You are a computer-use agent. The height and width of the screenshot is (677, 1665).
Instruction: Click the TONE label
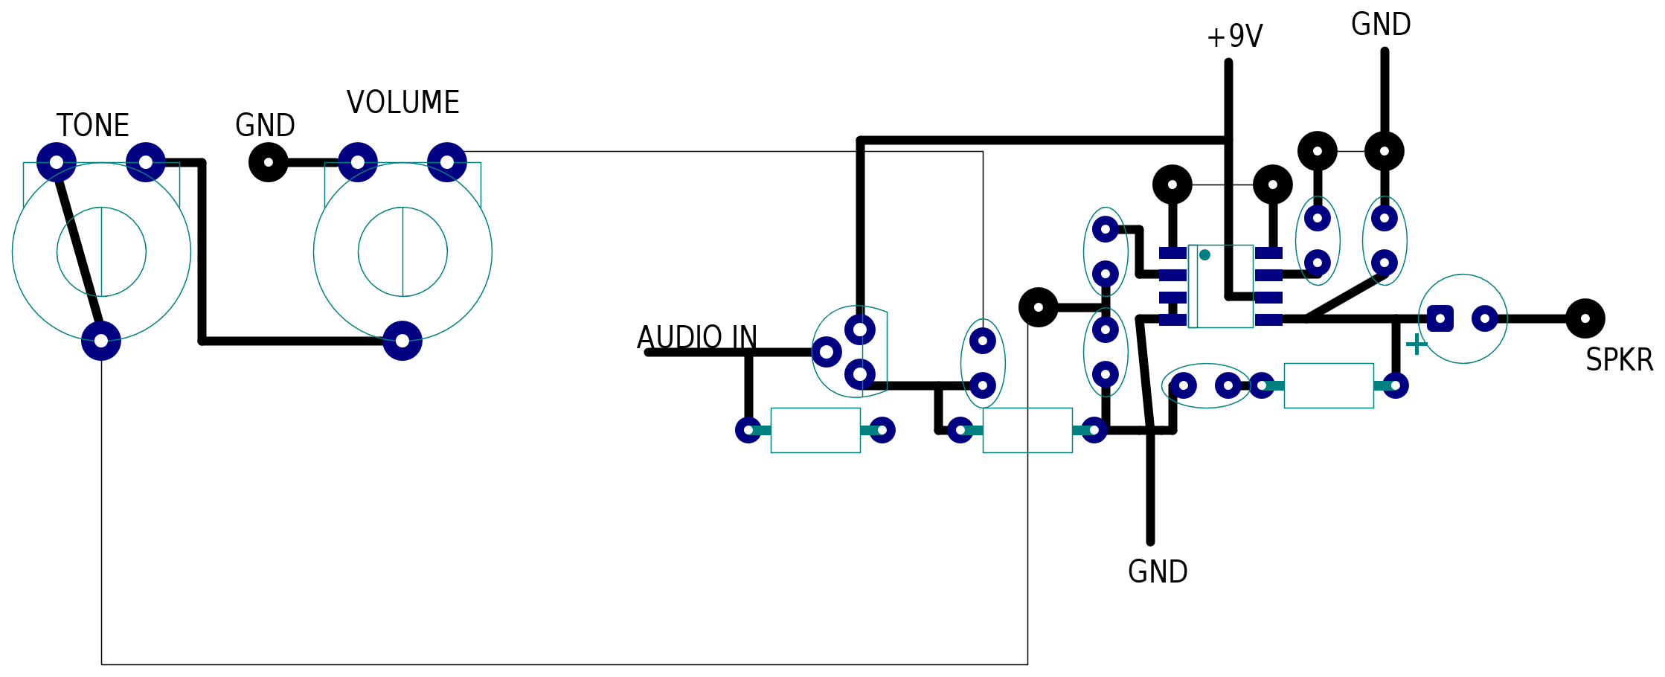pyautogui.click(x=93, y=126)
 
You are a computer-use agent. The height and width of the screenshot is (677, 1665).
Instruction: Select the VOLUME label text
pyautogui.click(x=403, y=103)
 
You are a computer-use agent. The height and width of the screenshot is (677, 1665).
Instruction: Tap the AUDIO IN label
pyautogui.click(x=697, y=338)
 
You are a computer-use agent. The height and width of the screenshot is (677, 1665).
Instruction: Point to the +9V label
pyautogui.click(x=1235, y=36)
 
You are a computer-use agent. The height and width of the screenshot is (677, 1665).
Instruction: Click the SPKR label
pyautogui.click(x=1619, y=360)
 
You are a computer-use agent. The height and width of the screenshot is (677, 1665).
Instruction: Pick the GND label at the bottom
pyautogui.click(x=1158, y=572)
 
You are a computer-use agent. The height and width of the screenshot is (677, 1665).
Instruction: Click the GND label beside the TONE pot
pyautogui.click(x=265, y=126)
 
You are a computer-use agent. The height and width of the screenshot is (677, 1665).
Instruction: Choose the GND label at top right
pyautogui.click(x=1381, y=25)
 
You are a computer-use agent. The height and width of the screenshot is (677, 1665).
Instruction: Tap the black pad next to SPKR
pyautogui.click(x=1585, y=318)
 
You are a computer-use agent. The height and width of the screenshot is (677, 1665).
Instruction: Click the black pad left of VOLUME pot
pyautogui.click(x=269, y=162)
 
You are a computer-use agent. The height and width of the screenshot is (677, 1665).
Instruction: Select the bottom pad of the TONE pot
pyautogui.click(x=101, y=341)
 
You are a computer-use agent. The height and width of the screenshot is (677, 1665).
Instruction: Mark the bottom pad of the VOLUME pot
pyautogui.click(x=402, y=341)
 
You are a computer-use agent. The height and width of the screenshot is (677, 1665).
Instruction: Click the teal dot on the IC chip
pyautogui.click(x=1204, y=255)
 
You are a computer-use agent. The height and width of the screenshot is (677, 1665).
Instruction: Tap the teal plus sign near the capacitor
pyautogui.click(x=1417, y=344)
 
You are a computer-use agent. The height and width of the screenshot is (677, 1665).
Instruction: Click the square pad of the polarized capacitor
pyautogui.click(x=1440, y=318)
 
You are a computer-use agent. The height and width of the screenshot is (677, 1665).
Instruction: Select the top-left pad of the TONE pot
pyautogui.click(x=57, y=162)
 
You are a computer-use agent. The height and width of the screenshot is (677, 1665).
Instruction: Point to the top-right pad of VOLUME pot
pyautogui.click(x=447, y=162)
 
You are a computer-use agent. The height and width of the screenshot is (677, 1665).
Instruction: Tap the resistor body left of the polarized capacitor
pyautogui.click(x=1329, y=385)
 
